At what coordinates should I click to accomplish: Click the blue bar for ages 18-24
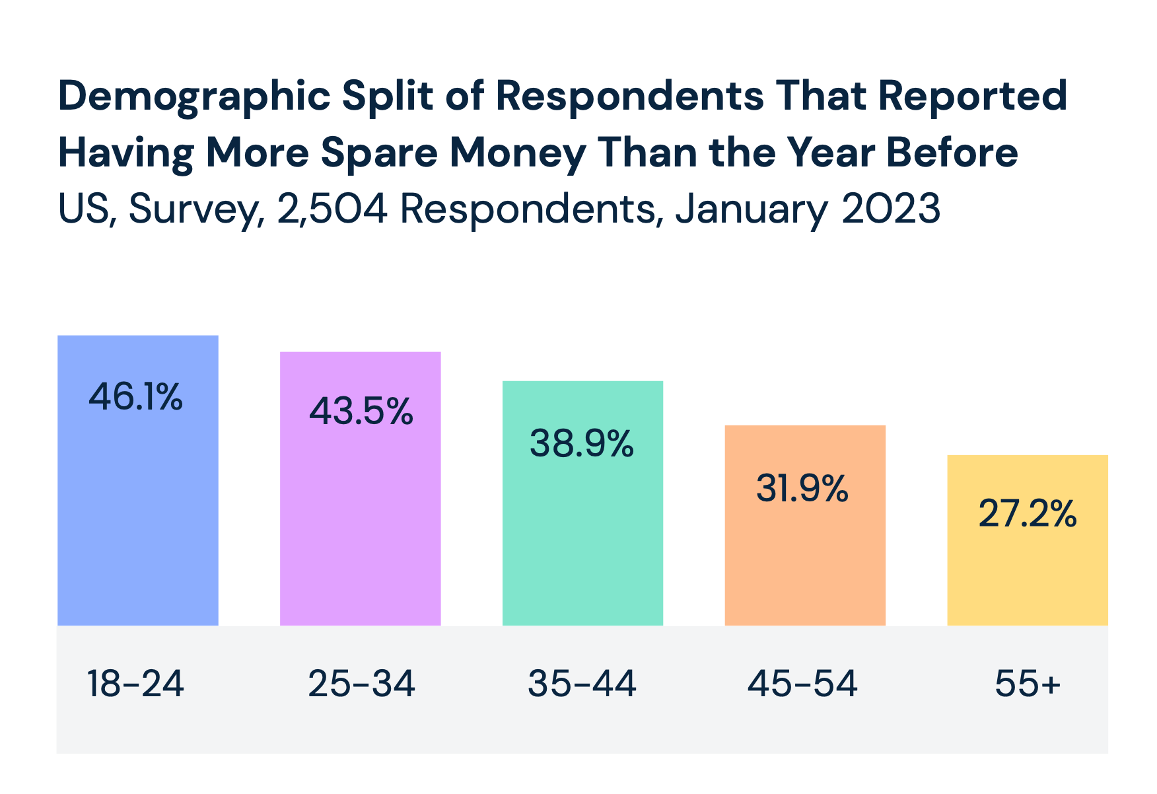point(137,515)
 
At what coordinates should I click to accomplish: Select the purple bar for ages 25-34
point(360,522)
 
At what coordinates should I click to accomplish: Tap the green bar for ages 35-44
point(582,535)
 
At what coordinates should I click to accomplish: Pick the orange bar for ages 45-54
point(804,561)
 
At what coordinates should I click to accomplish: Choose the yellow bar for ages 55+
point(1027,575)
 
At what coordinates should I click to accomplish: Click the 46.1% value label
point(135,397)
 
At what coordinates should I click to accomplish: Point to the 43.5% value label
point(361,411)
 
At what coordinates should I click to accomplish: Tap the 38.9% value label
point(582,443)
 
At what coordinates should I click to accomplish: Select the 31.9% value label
point(802,489)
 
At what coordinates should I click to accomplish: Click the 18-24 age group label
point(135,684)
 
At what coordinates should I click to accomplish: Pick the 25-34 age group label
point(361,684)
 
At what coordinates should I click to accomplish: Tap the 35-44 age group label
point(582,684)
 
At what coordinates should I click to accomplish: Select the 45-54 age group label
point(802,684)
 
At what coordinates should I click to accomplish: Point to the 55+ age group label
point(1027,684)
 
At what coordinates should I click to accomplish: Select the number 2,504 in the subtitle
point(332,209)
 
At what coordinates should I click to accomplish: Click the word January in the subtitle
point(751,209)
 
